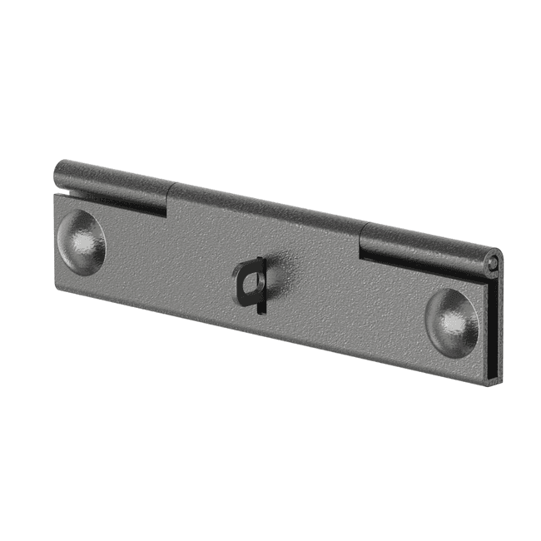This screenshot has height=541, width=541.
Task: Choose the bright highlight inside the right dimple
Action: click(x=449, y=321)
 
